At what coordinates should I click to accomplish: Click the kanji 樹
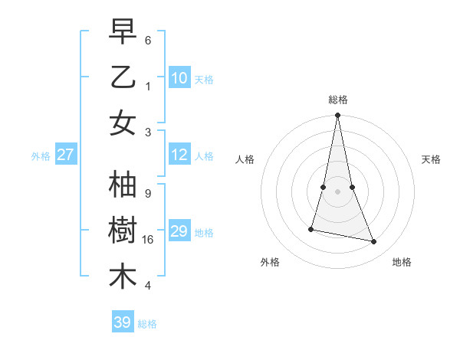(x=123, y=231)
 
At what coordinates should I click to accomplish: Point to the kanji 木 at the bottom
(x=123, y=277)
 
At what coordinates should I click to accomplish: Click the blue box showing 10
(x=179, y=77)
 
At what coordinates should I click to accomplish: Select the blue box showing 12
(x=179, y=155)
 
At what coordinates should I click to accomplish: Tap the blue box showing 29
(x=179, y=231)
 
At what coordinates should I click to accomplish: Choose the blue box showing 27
(x=65, y=155)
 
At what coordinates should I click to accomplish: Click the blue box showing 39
(x=122, y=322)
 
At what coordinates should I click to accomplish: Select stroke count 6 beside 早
(x=147, y=40)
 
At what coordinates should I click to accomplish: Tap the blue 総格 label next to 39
(x=147, y=324)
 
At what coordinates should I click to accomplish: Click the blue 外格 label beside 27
(x=41, y=156)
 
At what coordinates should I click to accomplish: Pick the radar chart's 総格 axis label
(x=337, y=100)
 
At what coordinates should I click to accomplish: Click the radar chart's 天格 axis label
(x=432, y=159)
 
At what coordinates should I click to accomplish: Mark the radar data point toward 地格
(x=374, y=241)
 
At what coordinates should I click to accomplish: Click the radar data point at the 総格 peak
(x=337, y=116)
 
